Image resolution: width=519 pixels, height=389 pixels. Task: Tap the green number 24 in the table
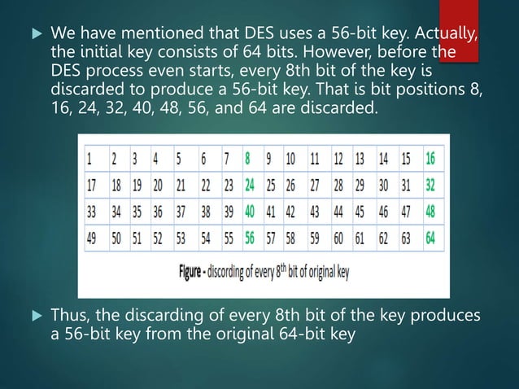tap(251, 186)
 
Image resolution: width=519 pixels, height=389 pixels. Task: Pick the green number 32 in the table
tap(430, 186)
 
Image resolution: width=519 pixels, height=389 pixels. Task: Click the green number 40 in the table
tap(251, 212)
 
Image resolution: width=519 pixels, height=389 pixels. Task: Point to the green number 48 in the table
tap(430, 212)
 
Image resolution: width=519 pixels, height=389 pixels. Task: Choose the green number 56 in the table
tap(251, 239)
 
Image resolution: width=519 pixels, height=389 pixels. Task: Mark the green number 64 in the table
tap(430, 239)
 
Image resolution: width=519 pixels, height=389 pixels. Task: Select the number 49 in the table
tap(93, 239)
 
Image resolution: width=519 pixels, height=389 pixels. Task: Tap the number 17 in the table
tap(93, 186)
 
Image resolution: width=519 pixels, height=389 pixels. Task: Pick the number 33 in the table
tap(93, 212)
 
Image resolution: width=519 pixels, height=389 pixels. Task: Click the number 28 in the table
tap(338, 186)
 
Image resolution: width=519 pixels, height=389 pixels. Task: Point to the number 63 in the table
tap(404, 239)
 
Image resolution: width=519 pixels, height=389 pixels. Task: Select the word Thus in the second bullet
tap(68, 315)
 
